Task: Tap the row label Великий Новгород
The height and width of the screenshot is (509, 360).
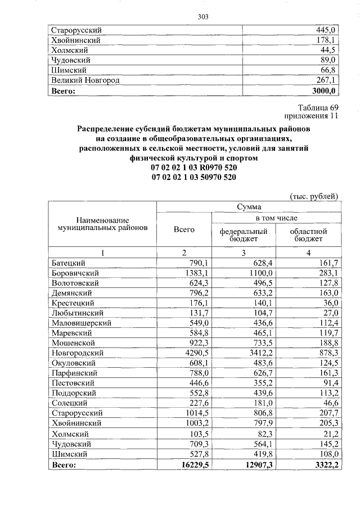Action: click(x=85, y=80)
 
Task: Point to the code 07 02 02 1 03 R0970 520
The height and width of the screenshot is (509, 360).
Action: click(x=194, y=168)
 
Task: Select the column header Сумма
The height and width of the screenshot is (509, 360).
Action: click(x=248, y=207)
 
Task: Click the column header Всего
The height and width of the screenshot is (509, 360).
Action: click(x=184, y=229)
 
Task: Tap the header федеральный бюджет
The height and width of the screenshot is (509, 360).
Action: click(x=243, y=235)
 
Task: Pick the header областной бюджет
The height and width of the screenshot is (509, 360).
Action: click(x=308, y=235)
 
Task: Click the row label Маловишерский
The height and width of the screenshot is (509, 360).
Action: click(x=82, y=323)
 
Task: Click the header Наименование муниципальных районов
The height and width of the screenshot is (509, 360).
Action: click(x=102, y=224)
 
